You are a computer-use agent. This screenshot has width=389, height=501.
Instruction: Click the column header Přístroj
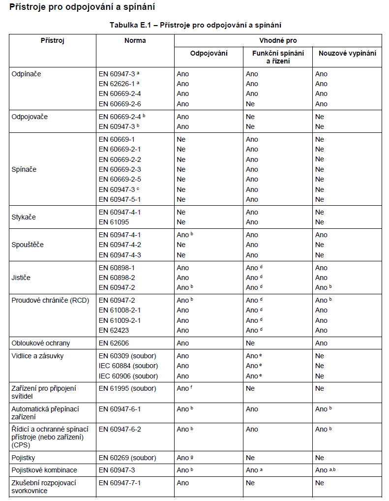[53, 40]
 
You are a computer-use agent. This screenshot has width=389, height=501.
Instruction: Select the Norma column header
[135, 40]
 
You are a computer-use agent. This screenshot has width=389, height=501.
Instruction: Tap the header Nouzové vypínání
[347, 53]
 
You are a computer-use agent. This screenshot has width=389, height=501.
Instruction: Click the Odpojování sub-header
[209, 53]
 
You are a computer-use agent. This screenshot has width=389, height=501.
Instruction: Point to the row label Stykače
[24, 217]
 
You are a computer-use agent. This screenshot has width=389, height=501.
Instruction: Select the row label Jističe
[21, 278]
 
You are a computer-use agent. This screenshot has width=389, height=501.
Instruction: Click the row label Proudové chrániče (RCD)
[50, 300]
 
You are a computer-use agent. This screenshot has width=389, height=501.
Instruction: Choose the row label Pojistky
[24, 458]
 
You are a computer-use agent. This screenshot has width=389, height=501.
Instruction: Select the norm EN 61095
[116, 222]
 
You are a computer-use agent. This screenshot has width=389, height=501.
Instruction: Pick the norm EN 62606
[116, 343]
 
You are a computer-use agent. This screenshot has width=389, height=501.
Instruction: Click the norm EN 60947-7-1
[120, 483]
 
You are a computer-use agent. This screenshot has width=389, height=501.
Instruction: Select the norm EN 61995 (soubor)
[127, 388]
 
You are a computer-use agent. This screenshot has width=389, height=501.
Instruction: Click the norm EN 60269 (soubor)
[127, 458]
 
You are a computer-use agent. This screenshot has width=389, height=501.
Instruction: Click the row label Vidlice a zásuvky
[37, 356]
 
